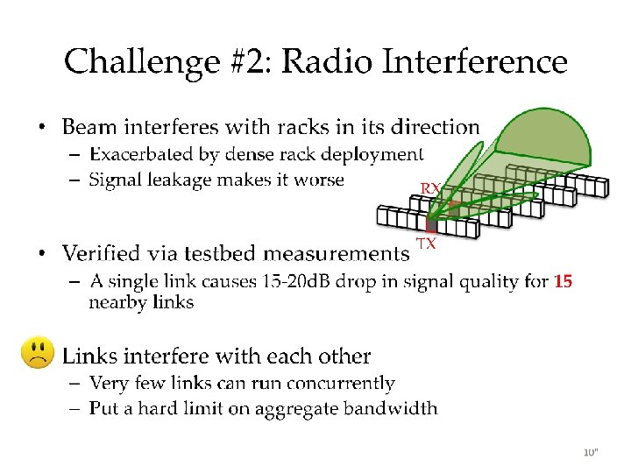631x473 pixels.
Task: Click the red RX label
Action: pos(430,188)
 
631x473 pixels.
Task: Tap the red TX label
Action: pos(426,244)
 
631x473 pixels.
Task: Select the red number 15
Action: pos(563,281)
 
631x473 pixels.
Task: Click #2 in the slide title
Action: pos(248,63)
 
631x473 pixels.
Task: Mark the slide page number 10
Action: pos(590,452)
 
